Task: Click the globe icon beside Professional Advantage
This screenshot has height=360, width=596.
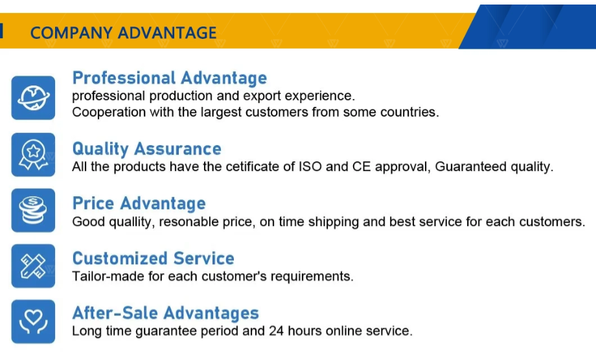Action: (33, 98)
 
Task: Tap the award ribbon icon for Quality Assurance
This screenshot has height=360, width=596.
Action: (33, 155)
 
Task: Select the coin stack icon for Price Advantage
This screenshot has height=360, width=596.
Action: (33, 210)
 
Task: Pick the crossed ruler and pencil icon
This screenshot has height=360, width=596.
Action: (33, 266)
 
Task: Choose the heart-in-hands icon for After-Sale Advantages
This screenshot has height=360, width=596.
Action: (33, 321)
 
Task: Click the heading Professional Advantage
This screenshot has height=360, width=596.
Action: (170, 78)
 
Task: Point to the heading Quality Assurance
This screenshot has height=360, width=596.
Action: (146, 149)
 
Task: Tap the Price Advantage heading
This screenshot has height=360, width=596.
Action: (139, 203)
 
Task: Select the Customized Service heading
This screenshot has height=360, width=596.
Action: (153, 258)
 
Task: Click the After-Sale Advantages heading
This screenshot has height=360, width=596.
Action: (165, 313)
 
